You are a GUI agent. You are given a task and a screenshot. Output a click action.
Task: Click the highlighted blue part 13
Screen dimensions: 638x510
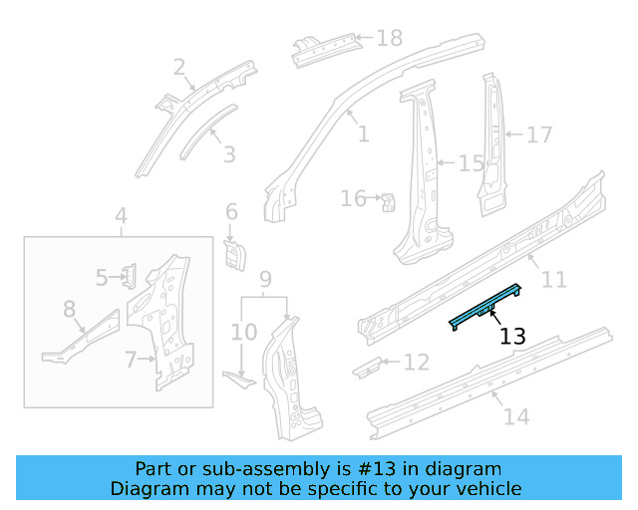(486, 305)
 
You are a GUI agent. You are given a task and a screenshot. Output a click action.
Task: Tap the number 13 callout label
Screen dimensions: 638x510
(512, 337)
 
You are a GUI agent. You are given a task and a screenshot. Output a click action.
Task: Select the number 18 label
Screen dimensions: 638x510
(389, 39)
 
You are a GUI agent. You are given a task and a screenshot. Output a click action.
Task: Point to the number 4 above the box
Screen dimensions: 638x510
(121, 216)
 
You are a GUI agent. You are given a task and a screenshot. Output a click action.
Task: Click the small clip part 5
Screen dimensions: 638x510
(130, 274)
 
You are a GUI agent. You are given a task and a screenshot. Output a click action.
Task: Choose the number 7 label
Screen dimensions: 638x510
(131, 360)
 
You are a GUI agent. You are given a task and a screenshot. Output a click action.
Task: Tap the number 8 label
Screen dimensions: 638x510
(69, 310)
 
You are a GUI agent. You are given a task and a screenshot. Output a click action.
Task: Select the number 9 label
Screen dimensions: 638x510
(265, 278)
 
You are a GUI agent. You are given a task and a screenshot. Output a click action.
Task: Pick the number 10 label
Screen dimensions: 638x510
(244, 331)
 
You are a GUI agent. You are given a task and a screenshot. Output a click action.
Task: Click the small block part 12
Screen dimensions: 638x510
(367, 366)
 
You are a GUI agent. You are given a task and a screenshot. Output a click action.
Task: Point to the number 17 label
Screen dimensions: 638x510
(538, 134)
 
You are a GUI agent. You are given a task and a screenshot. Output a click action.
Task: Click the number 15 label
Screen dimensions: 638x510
(471, 163)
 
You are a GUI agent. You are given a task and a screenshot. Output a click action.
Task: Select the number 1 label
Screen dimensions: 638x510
(363, 134)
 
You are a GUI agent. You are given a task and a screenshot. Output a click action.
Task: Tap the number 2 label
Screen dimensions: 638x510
(179, 68)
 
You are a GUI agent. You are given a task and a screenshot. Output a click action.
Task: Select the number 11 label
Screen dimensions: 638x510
(553, 280)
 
